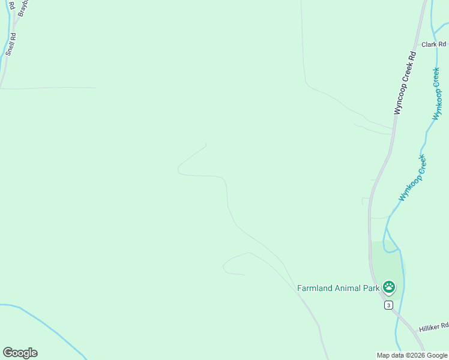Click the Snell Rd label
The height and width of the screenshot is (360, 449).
[x=10, y=44]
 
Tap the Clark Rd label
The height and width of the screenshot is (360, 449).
[x=434, y=44]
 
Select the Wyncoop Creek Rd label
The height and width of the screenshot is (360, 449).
[x=405, y=83]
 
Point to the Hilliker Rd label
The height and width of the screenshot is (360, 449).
[x=433, y=327]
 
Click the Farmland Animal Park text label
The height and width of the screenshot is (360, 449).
[x=339, y=288]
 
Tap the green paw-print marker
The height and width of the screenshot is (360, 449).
[x=389, y=287]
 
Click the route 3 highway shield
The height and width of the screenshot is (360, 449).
[x=388, y=305]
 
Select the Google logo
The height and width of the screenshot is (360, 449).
[x=20, y=353]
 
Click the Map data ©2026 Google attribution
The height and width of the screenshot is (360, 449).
[x=412, y=355]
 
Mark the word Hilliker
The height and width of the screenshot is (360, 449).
[x=430, y=328]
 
